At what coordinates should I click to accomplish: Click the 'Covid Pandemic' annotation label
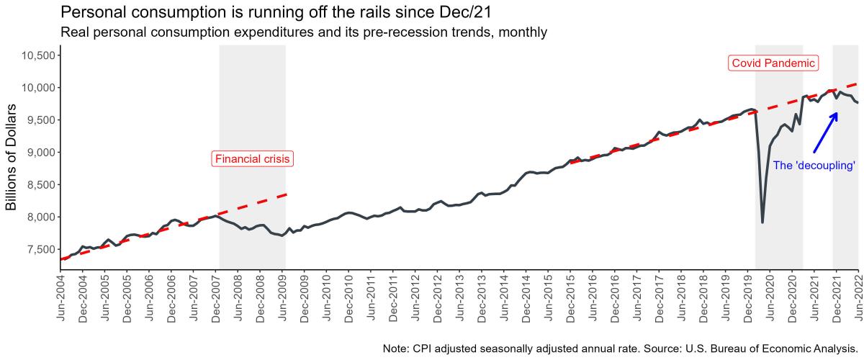(773, 63)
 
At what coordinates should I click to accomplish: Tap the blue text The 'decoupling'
(814, 166)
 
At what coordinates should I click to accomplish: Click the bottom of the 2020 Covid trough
(762, 221)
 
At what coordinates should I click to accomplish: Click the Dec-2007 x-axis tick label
(216, 297)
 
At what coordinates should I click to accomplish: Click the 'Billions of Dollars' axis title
(12, 157)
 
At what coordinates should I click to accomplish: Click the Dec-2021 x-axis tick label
(836, 297)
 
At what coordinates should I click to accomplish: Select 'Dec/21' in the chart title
(471, 12)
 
